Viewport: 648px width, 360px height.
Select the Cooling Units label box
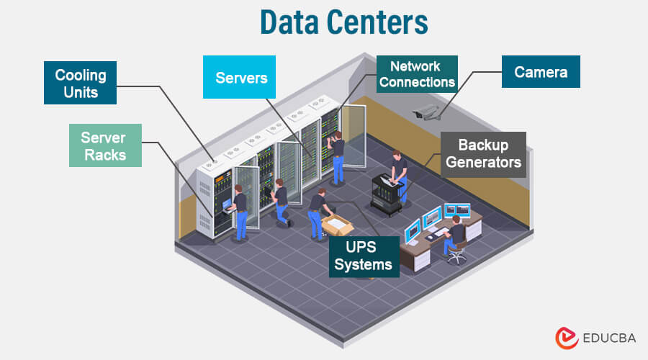click(x=81, y=84)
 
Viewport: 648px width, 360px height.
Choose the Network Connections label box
click(x=417, y=74)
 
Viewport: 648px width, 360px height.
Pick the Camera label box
click(x=541, y=72)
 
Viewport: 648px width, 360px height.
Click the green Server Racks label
click(x=103, y=146)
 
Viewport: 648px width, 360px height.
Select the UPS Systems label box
click(x=364, y=256)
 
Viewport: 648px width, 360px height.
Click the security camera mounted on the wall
click(x=427, y=111)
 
